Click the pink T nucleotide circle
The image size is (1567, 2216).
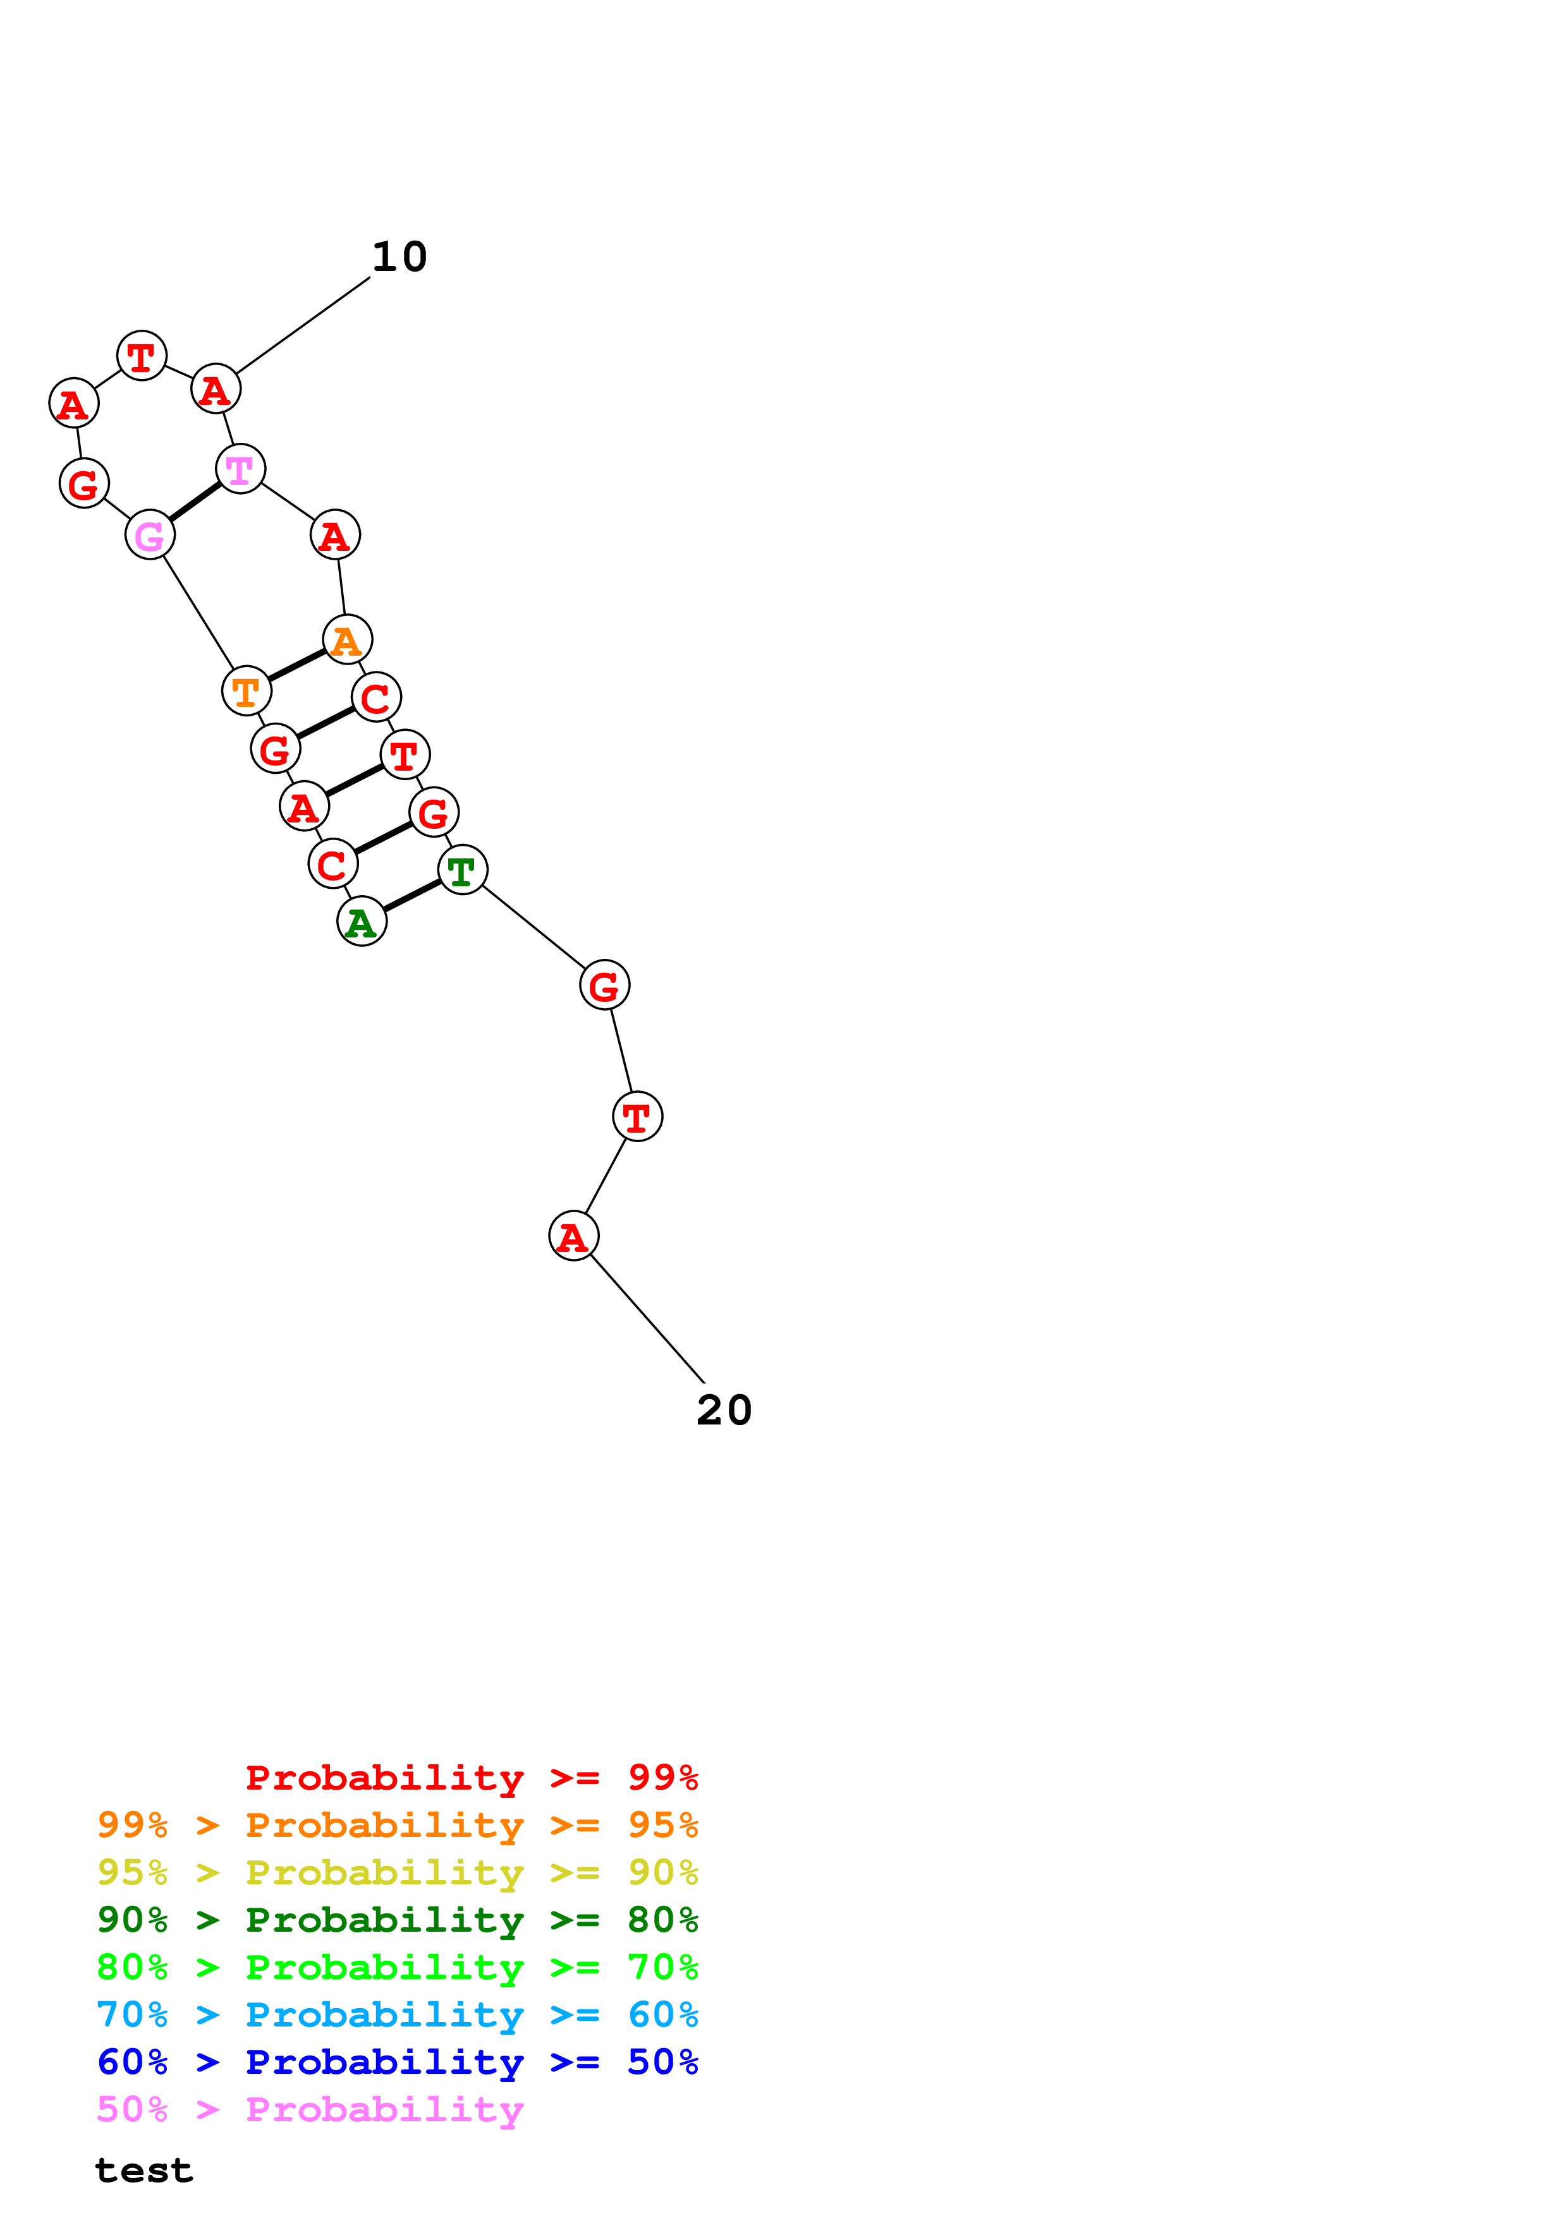pos(240,469)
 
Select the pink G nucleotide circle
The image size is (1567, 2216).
pos(150,534)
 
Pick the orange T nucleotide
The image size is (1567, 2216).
pos(246,691)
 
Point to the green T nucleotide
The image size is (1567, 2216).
pos(463,870)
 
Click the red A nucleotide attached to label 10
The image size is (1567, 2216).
pos(216,390)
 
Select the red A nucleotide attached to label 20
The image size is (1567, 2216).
pos(573,1236)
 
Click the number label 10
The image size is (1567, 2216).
pos(399,256)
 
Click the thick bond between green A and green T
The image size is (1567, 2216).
pos(412,896)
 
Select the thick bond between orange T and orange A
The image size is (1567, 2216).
pos(296,666)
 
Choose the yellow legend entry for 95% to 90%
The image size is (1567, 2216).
pos(397,1872)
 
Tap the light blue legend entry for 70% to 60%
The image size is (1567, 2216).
pos(397,2014)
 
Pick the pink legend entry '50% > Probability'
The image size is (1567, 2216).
pos(310,2109)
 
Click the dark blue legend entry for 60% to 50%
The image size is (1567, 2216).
pos(397,2062)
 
